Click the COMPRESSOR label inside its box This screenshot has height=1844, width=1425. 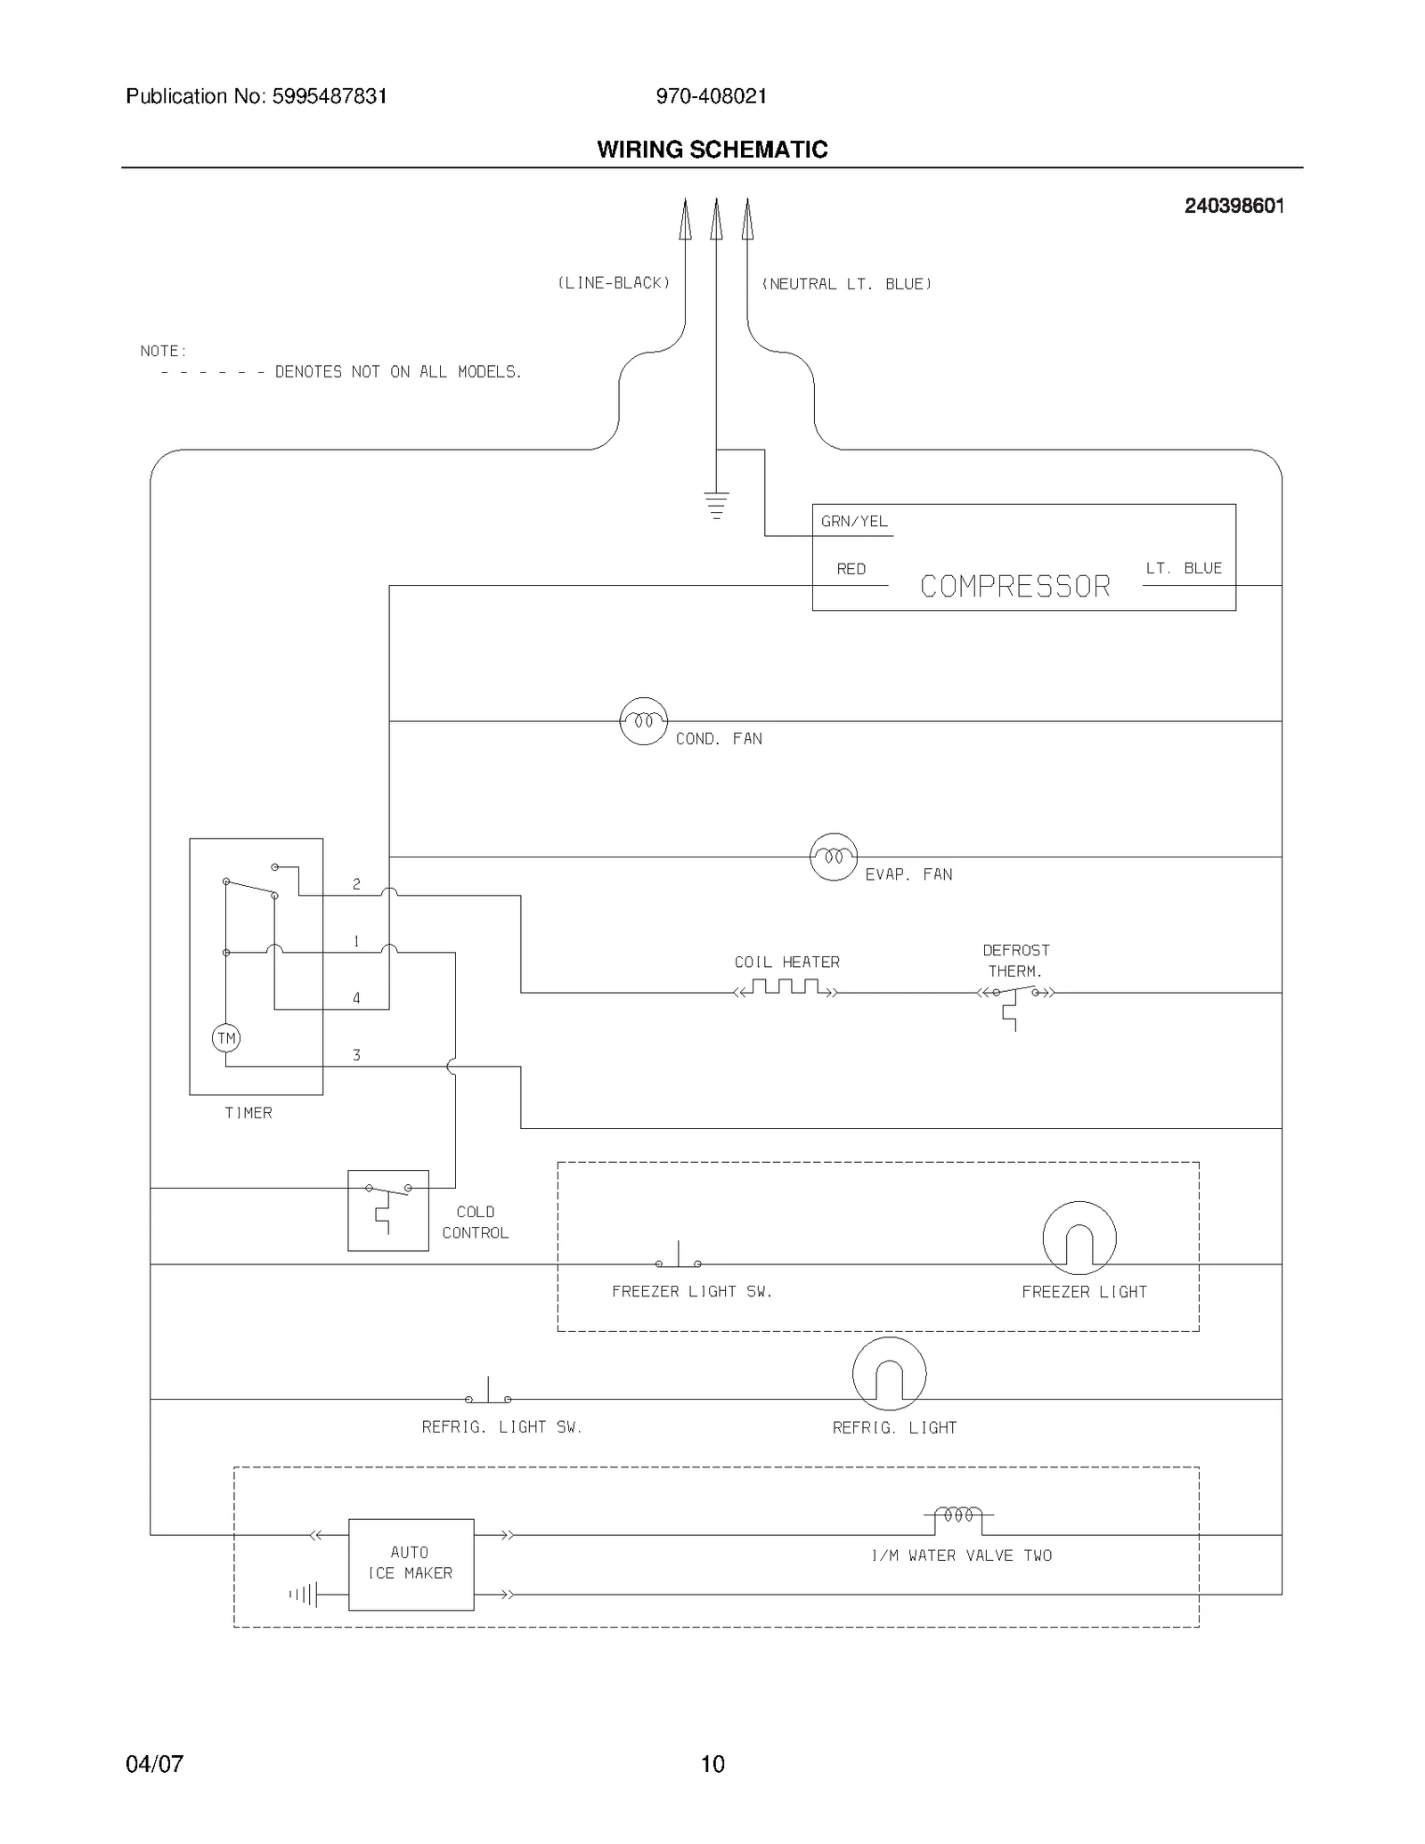coord(1014,586)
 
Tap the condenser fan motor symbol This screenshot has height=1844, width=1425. coord(643,720)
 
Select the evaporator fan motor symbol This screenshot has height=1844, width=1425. coord(833,857)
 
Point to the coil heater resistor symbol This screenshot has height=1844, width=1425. coord(786,988)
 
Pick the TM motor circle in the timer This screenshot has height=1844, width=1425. coord(226,1037)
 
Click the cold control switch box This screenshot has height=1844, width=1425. coord(387,1209)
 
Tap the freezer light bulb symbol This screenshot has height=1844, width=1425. coord(1079,1237)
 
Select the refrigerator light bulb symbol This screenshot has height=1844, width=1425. coord(889,1373)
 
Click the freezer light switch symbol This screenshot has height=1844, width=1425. coord(679,1258)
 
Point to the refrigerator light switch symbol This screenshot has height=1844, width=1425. coord(488,1394)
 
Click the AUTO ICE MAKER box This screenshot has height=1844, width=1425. coord(411,1564)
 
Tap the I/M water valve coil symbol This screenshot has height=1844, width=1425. coord(958,1515)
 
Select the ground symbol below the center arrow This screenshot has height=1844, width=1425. coord(716,505)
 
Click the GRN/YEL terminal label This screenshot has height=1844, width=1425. coord(854,522)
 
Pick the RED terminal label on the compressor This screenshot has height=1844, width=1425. coord(851,569)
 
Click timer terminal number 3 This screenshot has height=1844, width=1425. coord(356,1055)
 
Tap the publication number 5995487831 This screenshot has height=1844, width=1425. coord(330,96)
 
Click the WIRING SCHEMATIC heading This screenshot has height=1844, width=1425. coord(712,150)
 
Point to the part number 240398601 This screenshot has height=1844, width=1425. coord(1234,206)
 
